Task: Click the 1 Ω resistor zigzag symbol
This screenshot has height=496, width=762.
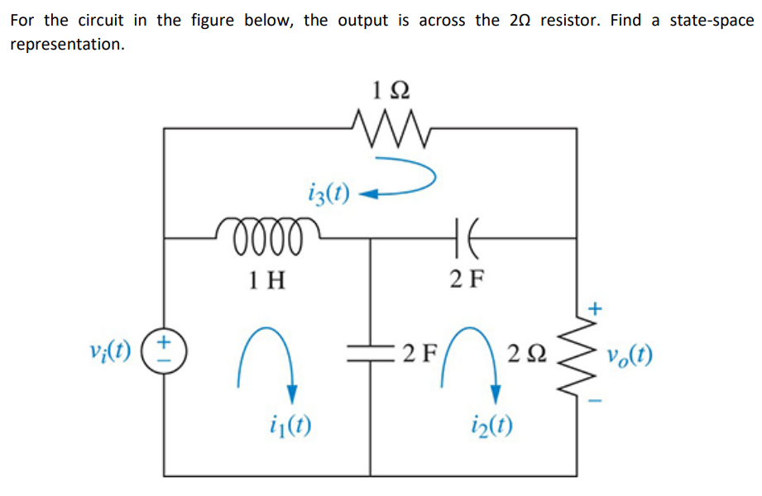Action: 388,128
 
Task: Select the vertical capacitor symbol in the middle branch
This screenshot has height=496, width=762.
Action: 370,354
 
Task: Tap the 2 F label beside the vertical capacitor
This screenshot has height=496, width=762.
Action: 419,356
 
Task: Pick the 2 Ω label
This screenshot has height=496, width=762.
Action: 527,356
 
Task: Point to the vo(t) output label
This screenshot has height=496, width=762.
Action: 628,356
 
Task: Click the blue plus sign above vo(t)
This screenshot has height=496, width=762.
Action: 594,309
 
